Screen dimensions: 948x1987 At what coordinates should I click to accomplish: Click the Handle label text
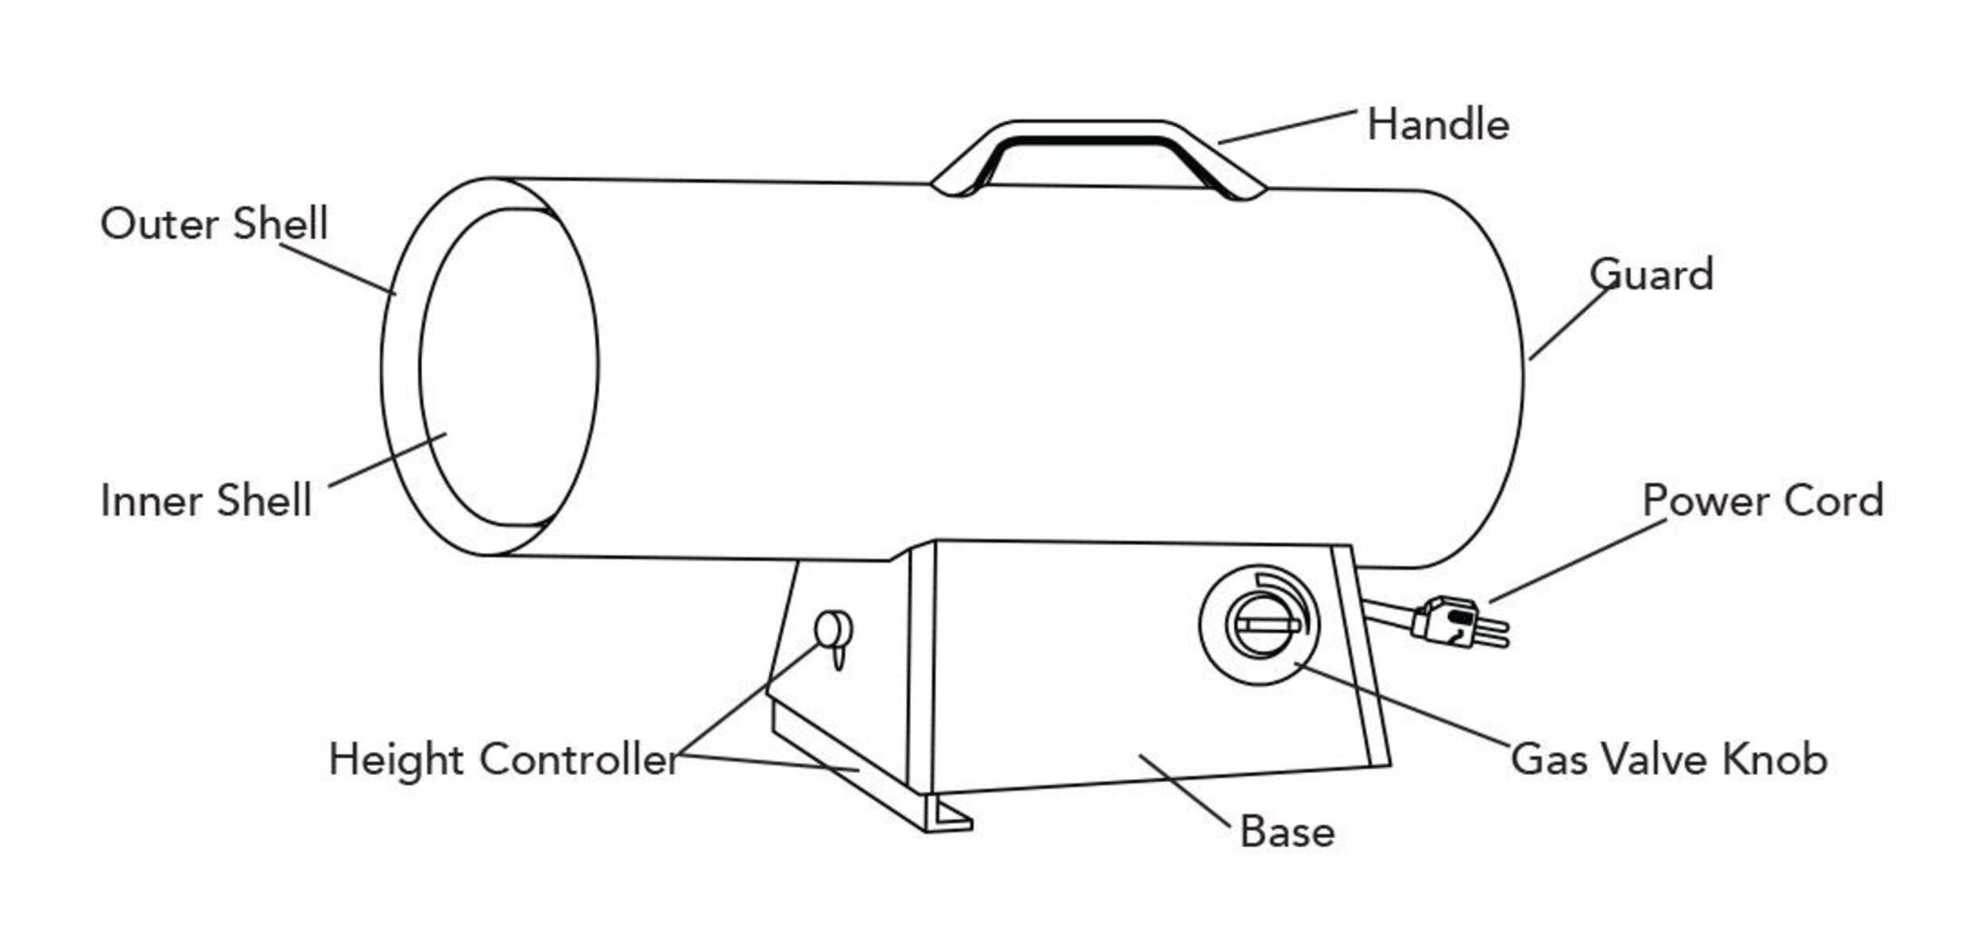(1437, 126)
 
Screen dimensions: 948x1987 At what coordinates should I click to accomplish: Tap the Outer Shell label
(214, 224)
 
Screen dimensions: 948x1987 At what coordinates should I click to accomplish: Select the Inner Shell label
(206, 501)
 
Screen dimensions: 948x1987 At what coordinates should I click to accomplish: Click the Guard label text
(1651, 276)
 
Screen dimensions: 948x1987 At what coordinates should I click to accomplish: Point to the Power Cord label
(1762, 501)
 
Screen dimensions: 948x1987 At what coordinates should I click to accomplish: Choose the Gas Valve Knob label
(1668, 760)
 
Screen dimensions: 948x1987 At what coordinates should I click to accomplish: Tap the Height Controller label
(504, 760)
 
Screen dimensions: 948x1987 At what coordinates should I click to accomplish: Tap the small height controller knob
(833, 632)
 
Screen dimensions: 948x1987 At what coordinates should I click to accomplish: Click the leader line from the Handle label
(1287, 127)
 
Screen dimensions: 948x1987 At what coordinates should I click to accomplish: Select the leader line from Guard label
(1570, 324)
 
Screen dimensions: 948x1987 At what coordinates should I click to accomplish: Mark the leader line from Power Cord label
(1578, 561)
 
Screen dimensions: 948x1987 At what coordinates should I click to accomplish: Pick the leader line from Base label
(1183, 790)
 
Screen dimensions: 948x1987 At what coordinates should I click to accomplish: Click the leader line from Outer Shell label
(338, 269)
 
